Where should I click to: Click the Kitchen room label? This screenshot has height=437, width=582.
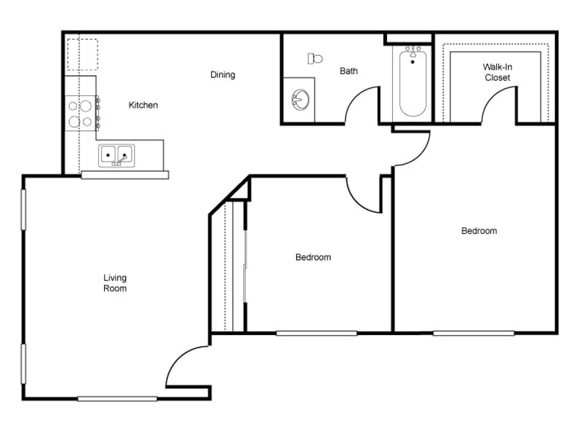point(143,105)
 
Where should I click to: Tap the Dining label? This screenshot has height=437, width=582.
point(223,74)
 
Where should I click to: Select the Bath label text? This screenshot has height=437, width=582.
point(348,71)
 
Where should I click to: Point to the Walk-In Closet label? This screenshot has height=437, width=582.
point(497,72)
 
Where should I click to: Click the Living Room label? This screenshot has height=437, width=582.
point(114,283)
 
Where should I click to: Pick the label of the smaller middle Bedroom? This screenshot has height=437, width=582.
point(313,257)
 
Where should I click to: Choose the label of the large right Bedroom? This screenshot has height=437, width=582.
point(479,231)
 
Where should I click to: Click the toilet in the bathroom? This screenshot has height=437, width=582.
point(315,58)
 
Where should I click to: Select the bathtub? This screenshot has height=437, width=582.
point(412,82)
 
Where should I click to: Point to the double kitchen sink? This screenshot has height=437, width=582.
point(116,155)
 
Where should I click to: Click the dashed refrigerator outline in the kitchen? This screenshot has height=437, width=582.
point(82,54)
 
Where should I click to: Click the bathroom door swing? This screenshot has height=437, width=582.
point(362,106)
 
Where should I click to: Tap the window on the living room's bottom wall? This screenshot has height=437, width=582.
point(117,398)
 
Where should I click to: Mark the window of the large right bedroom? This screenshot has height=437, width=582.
point(474,333)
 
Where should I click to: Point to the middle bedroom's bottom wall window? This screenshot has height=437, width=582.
point(316,333)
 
